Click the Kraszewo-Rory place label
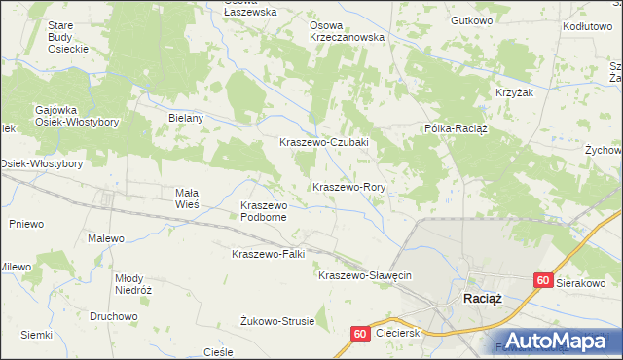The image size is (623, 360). [350, 186]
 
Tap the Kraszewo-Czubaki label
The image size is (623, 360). [323, 142]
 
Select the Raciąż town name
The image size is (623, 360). [483, 299]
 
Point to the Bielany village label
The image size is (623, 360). [185, 118]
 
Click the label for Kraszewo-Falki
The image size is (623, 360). [269, 254]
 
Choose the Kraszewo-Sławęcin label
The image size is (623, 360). [365, 275]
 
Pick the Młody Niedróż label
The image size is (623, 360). [133, 282]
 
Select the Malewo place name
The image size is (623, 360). [106, 238]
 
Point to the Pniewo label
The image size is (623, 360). [26, 224]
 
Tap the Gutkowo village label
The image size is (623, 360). [472, 20]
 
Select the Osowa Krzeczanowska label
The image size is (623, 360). [347, 31]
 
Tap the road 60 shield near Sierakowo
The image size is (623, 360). [543, 280]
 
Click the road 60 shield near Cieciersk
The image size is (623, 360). [359, 334]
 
